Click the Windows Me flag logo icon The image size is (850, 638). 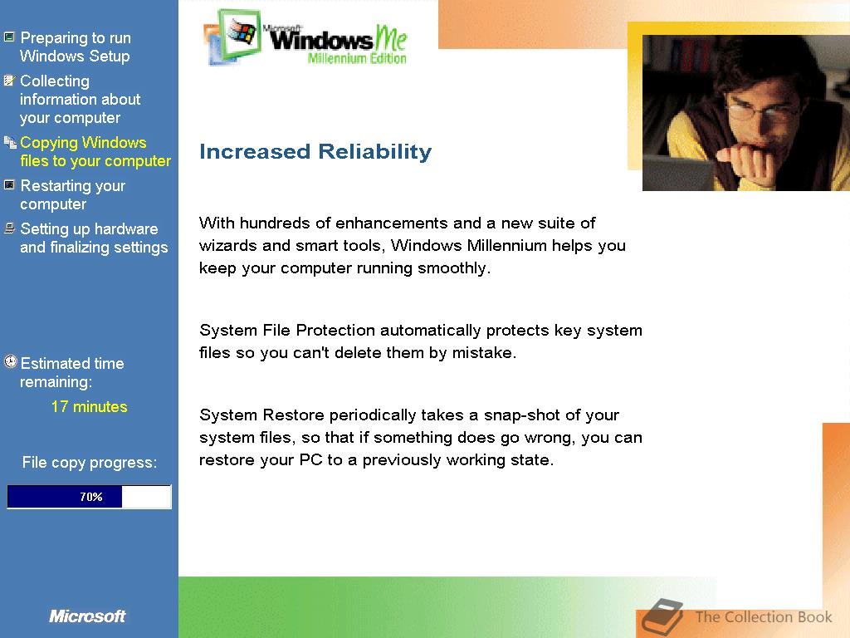tap(233, 36)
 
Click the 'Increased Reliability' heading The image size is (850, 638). tap(315, 151)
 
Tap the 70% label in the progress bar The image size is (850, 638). tap(91, 497)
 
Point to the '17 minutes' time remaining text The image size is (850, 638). tap(90, 406)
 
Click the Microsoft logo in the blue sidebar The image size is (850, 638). tap(87, 616)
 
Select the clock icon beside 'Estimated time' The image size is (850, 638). tap(10, 361)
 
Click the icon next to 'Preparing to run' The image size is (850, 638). tap(9, 37)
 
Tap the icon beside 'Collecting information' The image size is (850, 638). tap(9, 81)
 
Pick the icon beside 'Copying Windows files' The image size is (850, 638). tap(10, 142)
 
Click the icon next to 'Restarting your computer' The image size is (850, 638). tap(9, 185)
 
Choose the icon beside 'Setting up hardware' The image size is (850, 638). tap(9, 228)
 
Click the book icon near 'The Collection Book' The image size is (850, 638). tap(662, 617)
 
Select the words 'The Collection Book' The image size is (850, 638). tap(764, 617)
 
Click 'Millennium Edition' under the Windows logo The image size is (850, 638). tap(357, 58)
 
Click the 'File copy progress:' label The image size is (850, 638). tap(90, 462)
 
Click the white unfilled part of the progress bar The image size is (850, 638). tap(146, 497)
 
